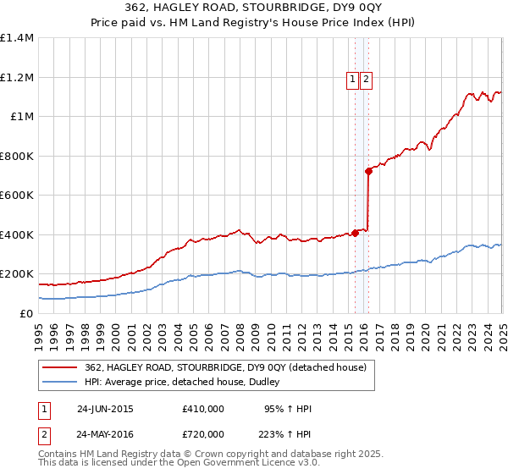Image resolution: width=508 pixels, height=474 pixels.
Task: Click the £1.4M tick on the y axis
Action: pos(17,38)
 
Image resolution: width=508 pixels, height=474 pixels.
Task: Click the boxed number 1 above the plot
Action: pos(351,80)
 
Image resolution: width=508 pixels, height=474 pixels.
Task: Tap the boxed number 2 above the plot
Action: pos(366,80)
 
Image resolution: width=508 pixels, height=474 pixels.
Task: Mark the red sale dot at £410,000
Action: pos(355,233)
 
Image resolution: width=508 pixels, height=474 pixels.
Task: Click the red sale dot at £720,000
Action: pos(369,172)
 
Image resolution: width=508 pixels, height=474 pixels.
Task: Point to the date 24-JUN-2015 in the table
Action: pos(105,409)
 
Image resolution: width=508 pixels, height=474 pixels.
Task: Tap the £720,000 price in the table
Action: pos(203,433)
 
